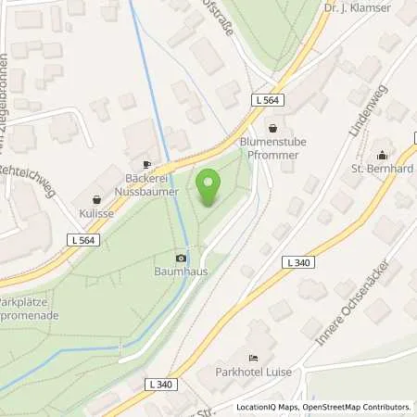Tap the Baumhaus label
click(x=180, y=272)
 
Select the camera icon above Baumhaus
click(x=180, y=257)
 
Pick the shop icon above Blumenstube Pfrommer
click(x=272, y=128)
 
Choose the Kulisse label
click(x=97, y=213)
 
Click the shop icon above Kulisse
click(x=97, y=197)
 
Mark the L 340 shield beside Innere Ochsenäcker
click(x=298, y=263)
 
